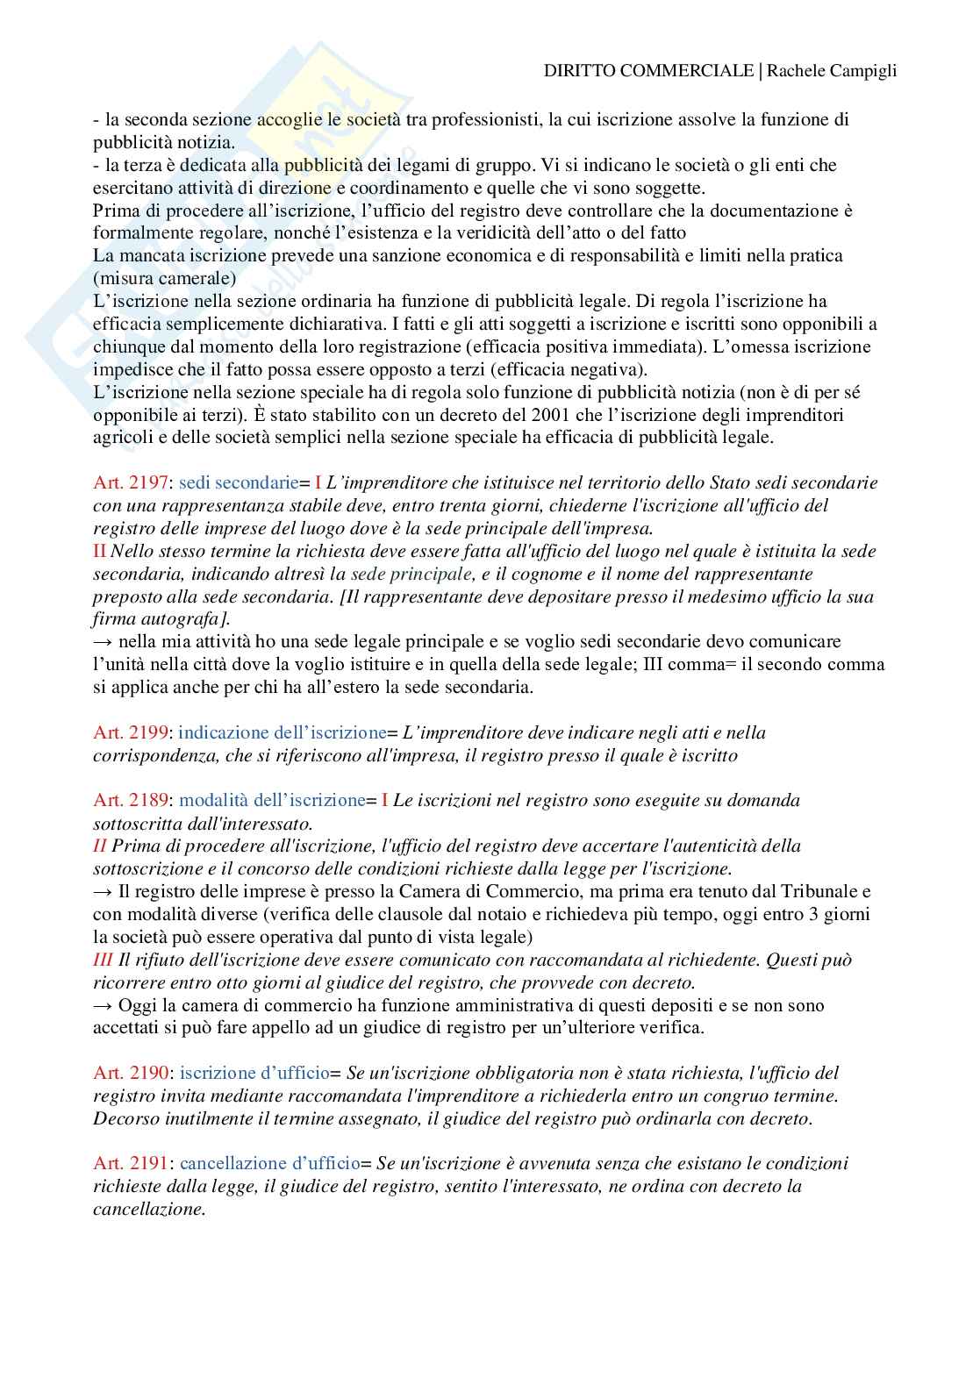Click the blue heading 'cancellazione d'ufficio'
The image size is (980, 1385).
click(269, 1164)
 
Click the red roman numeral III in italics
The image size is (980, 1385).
click(104, 960)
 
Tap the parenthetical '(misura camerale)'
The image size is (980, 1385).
click(152, 278)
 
